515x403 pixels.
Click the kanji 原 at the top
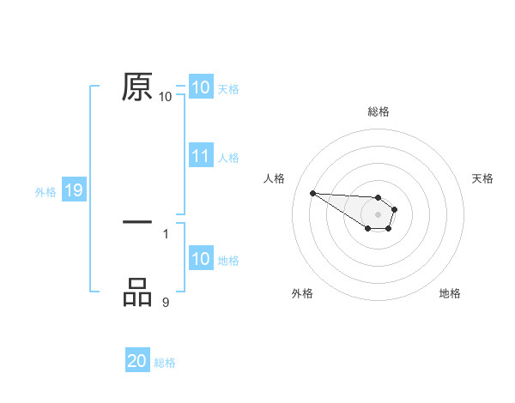137,87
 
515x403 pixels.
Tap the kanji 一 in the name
137,222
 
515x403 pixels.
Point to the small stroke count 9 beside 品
166,301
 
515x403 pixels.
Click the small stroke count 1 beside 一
166,232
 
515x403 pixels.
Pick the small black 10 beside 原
166,96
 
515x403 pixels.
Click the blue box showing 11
201,157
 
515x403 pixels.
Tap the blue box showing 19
74,191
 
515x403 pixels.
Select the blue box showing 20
137,362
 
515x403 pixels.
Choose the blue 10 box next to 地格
201,260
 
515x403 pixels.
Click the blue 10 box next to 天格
201,87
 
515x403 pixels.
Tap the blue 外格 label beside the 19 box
45,192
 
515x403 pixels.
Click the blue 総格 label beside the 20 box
165,363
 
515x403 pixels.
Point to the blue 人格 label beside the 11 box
228,158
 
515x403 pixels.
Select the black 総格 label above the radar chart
379,111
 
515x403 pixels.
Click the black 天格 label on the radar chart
483,178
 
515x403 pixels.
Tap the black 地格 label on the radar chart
450,293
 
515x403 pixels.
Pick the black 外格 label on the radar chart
302,293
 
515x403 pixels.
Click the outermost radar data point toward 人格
313,193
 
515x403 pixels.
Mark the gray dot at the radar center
379,214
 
